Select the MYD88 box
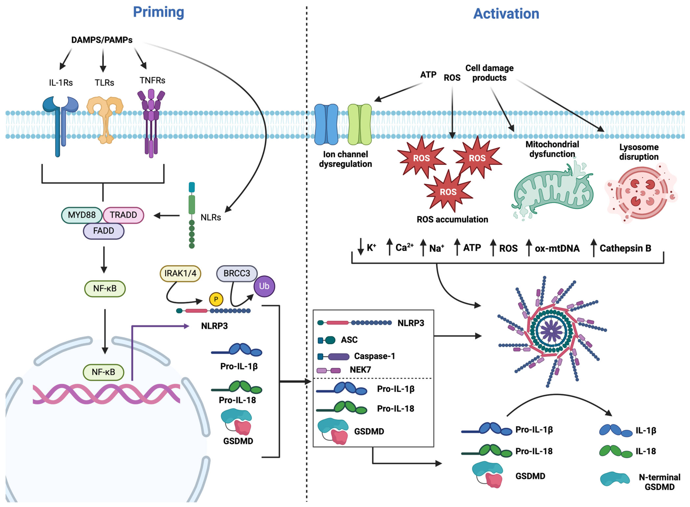point(82,215)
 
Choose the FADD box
point(103,231)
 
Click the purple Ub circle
point(264,286)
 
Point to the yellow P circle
point(216,299)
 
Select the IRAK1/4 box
point(180,273)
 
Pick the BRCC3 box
point(237,273)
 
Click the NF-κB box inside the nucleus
point(103,372)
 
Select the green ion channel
point(360,124)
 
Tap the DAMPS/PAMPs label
point(102,40)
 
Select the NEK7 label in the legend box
point(360,370)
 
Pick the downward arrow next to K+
point(360,246)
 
